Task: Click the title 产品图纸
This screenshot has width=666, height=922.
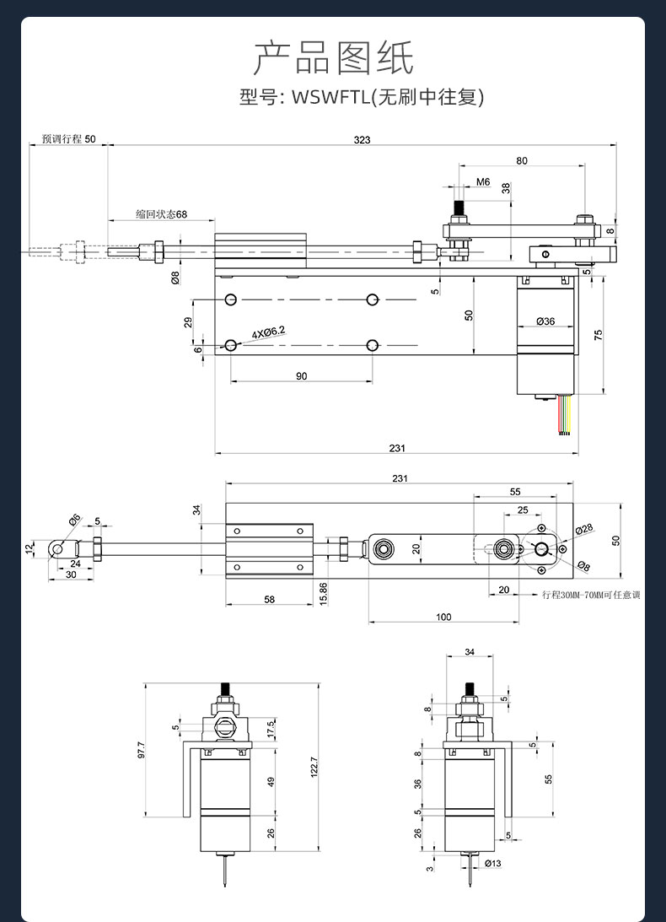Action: [x=333, y=57]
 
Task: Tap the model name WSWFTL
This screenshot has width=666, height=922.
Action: [x=331, y=96]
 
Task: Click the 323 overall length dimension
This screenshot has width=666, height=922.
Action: [x=363, y=139]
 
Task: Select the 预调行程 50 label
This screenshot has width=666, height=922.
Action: [x=68, y=139]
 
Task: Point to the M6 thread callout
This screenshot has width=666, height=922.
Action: [x=482, y=181]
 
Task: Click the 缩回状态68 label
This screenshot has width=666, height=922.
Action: [x=162, y=214]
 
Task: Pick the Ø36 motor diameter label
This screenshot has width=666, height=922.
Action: [x=545, y=321]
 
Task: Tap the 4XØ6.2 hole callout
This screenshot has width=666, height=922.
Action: [x=269, y=333]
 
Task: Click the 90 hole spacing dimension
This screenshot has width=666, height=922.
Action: [x=301, y=376]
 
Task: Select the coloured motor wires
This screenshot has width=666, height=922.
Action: [x=566, y=414]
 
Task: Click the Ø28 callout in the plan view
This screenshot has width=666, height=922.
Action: [x=583, y=529]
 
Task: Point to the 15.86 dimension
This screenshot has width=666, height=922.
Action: [x=324, y=594]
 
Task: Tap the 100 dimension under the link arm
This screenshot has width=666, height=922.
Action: [x=443, y=617]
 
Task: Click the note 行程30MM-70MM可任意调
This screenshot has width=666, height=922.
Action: [x=591, y=595]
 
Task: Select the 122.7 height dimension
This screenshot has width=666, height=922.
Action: [x=314, y=767]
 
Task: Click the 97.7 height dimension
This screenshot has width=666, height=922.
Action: [x=141, y=750]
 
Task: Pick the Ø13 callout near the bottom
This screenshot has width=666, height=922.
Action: [x=493, y=863]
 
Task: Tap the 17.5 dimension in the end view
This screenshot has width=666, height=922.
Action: [x=271, y=728]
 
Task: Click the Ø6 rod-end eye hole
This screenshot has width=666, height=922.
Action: [x=57, y=549]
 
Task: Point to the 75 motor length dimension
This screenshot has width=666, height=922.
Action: [x=599, y=335]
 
